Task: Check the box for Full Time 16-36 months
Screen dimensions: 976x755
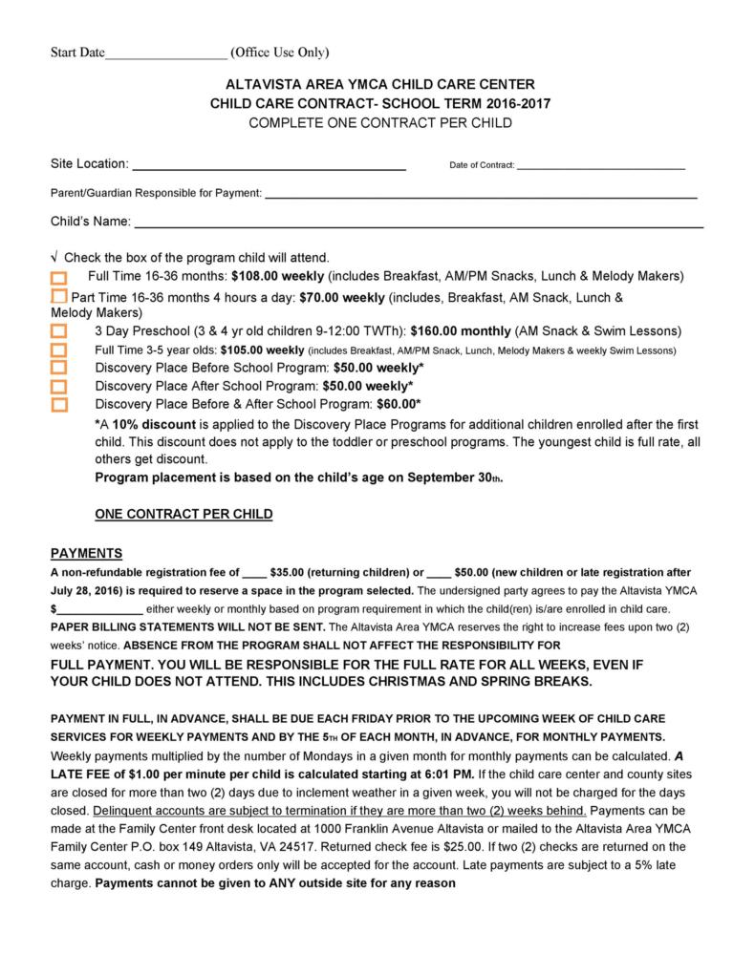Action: [59, 278]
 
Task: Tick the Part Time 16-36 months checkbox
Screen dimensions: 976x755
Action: [59, 298]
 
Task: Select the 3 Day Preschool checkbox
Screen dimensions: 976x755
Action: [59, 331]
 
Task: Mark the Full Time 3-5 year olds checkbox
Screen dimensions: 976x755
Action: [59, 350]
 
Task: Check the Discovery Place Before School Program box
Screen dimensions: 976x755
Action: [59, 368]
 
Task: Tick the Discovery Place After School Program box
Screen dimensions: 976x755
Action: [59, 386]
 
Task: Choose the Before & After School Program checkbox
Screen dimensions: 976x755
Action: [59, 404]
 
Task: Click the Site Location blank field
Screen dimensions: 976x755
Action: [269, 166]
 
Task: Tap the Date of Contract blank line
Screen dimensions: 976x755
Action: [600, 167]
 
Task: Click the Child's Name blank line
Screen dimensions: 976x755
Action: [419, 225]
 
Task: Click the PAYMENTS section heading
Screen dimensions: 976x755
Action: [86, 553]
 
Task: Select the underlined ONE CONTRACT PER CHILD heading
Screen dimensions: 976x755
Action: [183, 514]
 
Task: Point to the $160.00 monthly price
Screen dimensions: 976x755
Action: [461, 331]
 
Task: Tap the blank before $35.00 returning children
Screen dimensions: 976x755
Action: [254, 575]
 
